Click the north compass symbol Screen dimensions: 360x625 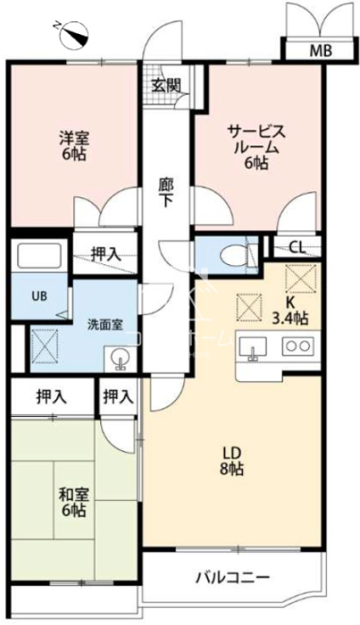74,34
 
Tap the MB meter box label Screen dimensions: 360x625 322,51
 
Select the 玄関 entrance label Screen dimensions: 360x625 166,86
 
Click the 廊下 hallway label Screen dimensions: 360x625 166,193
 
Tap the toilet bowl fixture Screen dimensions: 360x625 236,254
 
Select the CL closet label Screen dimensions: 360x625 297,248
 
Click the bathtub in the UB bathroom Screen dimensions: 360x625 38,255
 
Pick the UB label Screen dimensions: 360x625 39,296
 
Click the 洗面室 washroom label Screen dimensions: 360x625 105,325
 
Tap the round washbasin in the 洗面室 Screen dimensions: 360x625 119,359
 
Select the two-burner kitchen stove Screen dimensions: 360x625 297,346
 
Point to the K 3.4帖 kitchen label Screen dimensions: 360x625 289,312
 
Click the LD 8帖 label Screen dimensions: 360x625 231,462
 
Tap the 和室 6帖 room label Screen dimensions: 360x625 74,502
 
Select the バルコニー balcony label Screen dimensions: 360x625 233,577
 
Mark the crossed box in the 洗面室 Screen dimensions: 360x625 45,346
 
